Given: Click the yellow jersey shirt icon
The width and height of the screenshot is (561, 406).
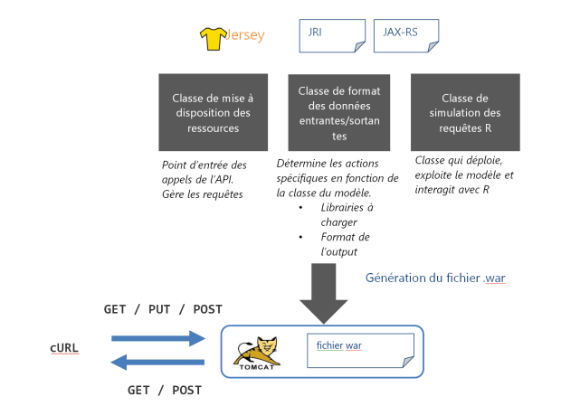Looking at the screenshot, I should [213, 37].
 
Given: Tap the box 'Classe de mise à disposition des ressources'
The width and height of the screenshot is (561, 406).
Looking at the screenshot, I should [214, 111].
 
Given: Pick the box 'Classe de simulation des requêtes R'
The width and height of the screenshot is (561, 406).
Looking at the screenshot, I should [466, 111].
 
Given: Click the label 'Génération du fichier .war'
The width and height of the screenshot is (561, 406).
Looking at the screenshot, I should [434, 279].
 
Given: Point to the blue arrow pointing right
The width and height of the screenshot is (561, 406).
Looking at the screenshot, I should [158, 339].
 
